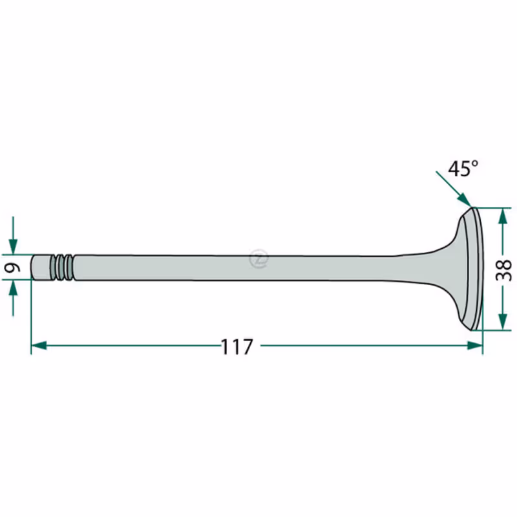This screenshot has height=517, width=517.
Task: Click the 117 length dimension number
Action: coord(237,346)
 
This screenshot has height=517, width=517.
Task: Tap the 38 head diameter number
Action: coord(503,270)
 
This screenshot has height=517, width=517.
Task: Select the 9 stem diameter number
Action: coord(12,267)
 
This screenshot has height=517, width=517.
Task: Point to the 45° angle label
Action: coord(463,169)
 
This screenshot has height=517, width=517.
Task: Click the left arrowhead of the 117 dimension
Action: coord(39,346)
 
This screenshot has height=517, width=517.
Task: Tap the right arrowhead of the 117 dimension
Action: coord(475,346)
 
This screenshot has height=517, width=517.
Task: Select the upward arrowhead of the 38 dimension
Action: coord(503,216)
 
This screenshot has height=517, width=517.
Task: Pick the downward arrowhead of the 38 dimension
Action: coord(503,321)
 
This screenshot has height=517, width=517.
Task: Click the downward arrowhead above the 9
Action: coord(13,247)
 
